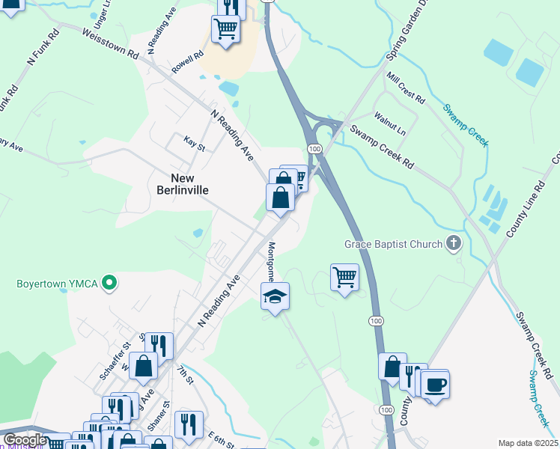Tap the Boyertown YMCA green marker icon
(109, 283)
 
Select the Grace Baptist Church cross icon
(453, 243)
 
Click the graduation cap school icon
(275, 297)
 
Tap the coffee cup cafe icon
(435, 385)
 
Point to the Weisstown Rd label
(112, 45)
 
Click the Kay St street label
(194, 142)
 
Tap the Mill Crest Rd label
(406, 88)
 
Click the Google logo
(25, 440)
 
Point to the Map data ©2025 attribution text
(528, 443)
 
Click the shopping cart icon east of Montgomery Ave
(344, 278)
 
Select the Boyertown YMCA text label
(51, 284)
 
